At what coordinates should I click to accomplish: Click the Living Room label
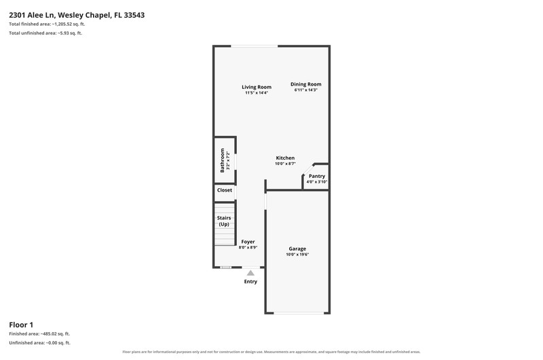point(257,87)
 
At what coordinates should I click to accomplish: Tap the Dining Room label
point(306,84)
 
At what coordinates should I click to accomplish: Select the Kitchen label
point(285,158)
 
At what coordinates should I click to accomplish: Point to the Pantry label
point(317,176)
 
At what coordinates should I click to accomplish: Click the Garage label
point(297,249)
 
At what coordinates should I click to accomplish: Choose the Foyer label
point(248,242)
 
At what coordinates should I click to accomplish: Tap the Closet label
point(225,190)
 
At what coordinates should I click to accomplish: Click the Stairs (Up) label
point(224,221)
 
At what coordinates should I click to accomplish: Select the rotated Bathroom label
point(223,160)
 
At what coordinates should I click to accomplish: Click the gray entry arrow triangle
point(250,273)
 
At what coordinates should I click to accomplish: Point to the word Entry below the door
point(250,282)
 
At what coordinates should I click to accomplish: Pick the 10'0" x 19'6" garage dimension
point(297,255)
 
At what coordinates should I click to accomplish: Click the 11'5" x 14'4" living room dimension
point(257,93)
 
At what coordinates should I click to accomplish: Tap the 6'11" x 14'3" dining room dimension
point(306,90)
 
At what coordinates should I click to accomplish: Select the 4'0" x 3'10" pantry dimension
point(317,182)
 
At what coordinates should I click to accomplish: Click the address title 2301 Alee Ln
point(32,15)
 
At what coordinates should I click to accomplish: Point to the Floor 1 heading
point(21,325)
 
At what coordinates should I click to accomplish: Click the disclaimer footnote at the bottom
point(271,352)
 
